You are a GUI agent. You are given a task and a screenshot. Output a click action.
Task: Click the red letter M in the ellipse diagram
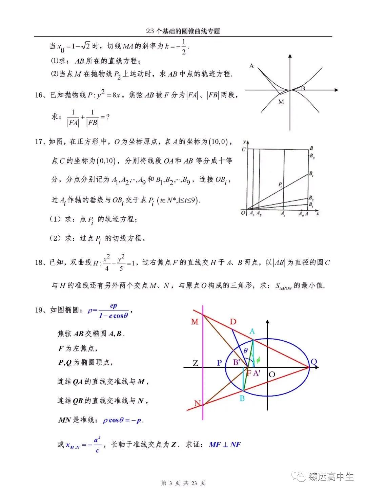click(195, 322)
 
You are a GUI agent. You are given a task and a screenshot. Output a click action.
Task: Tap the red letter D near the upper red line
click(233, 321)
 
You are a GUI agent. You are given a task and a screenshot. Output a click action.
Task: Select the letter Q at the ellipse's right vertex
click(314, 362)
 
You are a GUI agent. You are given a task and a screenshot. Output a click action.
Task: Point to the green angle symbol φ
click(258, 360)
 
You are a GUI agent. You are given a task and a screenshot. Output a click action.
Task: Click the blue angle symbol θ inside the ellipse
click(246, 351)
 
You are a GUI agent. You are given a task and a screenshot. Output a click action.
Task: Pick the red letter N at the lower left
click(197, 403)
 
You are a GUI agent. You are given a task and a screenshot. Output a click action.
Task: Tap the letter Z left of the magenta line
click(196, 364)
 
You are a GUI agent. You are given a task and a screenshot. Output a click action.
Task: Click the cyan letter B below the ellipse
click(242, 399)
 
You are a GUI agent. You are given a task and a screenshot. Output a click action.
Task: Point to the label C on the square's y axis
click(243, 149)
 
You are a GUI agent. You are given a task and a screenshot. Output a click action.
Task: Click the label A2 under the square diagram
click(259, 214)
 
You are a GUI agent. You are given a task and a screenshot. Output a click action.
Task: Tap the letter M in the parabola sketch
click(281, 102)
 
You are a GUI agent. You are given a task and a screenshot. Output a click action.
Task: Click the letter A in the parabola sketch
click(251, 66)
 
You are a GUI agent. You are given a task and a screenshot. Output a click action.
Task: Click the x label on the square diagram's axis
click(318, 214)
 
